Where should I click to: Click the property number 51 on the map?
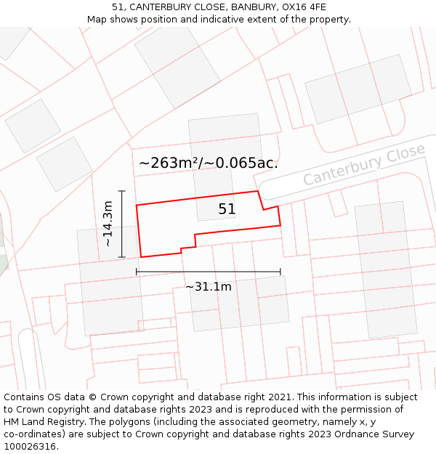[227, 209]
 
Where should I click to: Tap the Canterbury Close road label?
[364, 165]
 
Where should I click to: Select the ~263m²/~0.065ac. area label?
[209, 163]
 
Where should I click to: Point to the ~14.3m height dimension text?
[108, 224]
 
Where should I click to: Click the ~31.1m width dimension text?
[209, 287]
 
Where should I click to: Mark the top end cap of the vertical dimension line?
[122, 191]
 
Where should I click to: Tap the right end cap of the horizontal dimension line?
[280, 272]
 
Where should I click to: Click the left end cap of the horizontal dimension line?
[137, 272]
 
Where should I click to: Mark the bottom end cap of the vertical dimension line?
[122, 257]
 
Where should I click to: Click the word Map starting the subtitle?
[98, 19]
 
